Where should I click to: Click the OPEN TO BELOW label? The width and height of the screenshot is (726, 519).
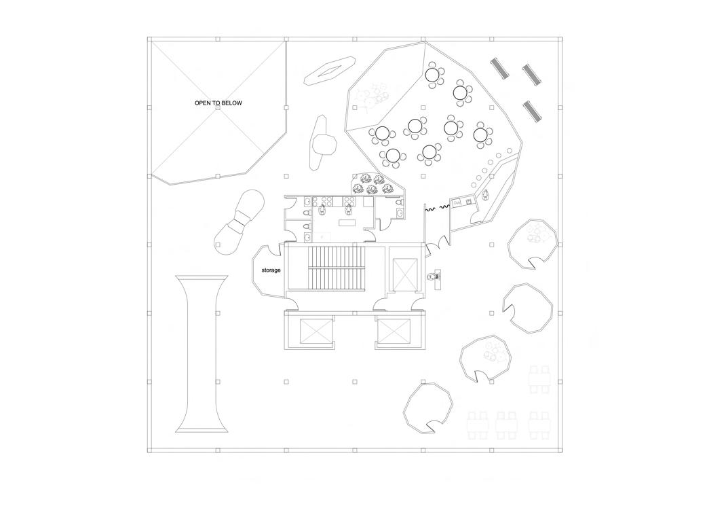point(218,103)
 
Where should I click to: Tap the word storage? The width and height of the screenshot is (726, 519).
point(271,270)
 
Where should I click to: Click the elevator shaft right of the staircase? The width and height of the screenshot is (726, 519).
point(406,274)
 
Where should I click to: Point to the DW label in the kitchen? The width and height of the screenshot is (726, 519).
point(457,202)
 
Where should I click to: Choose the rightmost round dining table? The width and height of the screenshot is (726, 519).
point(481,135)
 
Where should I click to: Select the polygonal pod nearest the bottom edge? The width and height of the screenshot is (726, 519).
point(428,407)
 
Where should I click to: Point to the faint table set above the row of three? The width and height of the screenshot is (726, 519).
point(541,379)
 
